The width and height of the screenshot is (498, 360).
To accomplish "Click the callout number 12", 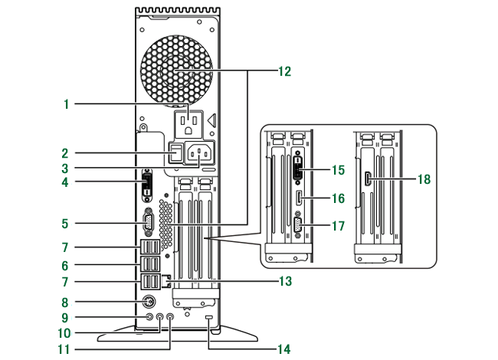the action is (284, 71).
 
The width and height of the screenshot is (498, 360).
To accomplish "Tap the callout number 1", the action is (66, 104).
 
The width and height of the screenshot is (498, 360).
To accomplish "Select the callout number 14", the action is (284, 349).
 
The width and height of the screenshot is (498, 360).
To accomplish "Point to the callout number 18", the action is (424, 179).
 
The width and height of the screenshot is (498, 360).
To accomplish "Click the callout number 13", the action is (285, 281).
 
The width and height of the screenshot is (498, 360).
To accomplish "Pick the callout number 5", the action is (65, 224).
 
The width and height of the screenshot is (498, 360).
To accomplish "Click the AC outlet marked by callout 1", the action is (188, 124).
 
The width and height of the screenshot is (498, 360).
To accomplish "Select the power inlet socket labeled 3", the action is (199, 153).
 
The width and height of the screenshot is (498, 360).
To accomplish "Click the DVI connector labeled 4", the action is (147, 186).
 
